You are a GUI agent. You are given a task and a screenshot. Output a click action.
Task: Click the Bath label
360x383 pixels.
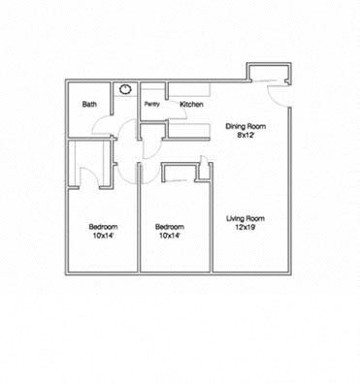89,105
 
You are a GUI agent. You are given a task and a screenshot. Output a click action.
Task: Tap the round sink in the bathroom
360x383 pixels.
125,89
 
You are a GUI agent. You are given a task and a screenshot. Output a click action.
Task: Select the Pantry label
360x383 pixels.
152,104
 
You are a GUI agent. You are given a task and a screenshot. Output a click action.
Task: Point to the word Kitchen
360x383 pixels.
190,104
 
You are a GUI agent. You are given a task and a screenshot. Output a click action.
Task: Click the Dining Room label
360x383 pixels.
245,126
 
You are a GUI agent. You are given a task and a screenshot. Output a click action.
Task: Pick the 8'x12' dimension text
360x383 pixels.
245,136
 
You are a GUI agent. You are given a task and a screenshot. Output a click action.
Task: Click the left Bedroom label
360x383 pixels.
104,227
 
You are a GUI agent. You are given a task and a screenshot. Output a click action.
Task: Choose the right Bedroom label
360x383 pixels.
170,227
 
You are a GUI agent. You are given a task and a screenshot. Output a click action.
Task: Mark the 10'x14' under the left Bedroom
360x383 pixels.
104,236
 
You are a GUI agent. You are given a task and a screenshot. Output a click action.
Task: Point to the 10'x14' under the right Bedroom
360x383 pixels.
170,236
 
